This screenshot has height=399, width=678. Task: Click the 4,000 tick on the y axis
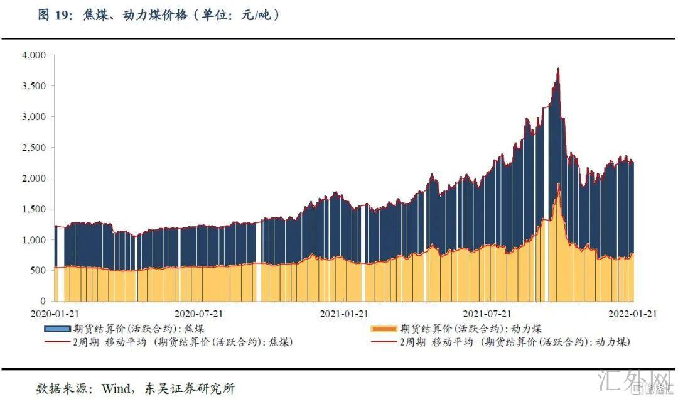coord(34,55)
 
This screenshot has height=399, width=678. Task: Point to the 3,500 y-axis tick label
coord(34,86)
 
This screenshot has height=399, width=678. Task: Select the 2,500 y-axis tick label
coord(34,148)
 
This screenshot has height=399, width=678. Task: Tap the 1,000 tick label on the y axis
coord(34,240)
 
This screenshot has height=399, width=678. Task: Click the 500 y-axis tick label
coord(38,271)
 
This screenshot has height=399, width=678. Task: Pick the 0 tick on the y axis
coord(43,302)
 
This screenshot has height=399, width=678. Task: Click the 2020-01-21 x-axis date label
coord(55,313)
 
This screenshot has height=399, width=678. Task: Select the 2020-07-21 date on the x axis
coord(198,313)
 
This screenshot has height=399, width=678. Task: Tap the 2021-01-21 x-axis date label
coord(343,313)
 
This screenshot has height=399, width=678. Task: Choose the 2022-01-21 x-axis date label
coord(631,313)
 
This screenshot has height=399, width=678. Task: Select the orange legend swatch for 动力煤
coord(384,329)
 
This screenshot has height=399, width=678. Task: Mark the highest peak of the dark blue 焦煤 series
coord(558,68)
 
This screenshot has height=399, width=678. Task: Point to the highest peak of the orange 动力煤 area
coord(558,184)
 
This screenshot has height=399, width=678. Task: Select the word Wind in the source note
coord(114,388)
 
